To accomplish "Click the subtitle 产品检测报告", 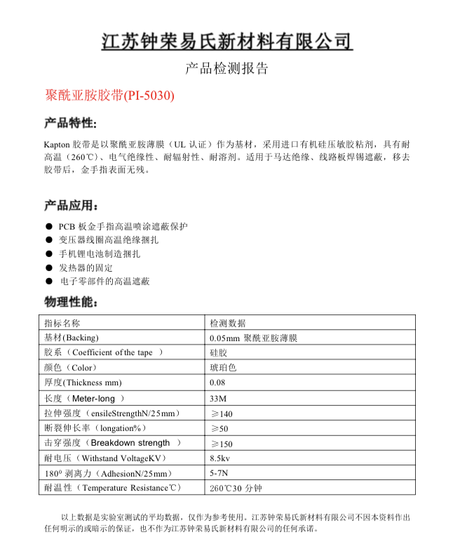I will pyautogui.click(x=226, y=69).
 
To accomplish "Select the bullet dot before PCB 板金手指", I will pyautogui.click(x=48, y=227).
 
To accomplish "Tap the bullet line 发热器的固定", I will pyautogui.click(x=86, y=267).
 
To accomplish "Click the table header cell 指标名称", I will pyautogui.click(x=62, y=323).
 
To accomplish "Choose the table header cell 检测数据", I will pyautogui.click(x=228, y=323).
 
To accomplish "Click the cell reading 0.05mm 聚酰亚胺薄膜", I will pyautogui.click(x=254, y=338).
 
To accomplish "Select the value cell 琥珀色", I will pyautogui.click(x=223, y=368).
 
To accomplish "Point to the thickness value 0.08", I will pyautogui.click(x=217, y=382).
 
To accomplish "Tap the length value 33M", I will pyautogui.click(x=218, y=398).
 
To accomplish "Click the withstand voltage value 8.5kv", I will pyautogui.click(x=221, y=458).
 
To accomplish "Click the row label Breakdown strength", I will pyautogui.click(x=131, y=443).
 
